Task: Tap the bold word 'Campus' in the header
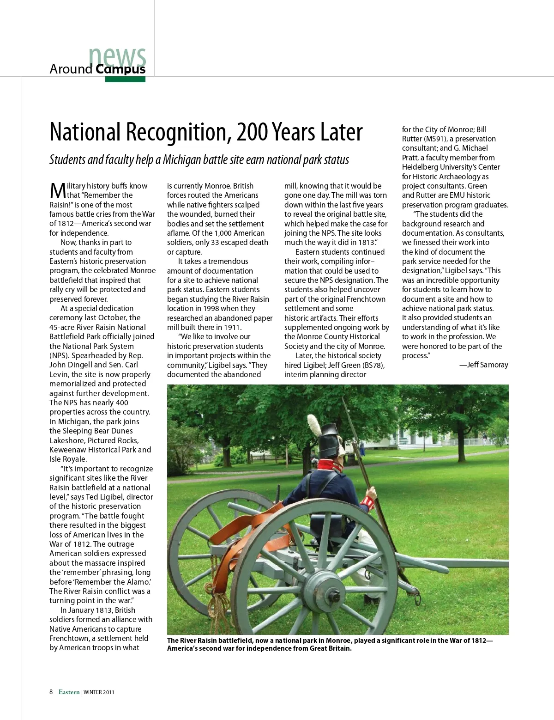coord(120,69)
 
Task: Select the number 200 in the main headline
coord(252,132)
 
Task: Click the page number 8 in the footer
coord(51,692)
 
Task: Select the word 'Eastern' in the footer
coord(69,692)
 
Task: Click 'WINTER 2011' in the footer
coord(99,692)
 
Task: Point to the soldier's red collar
coord(331,465)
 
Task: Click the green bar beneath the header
coord(125,79)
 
